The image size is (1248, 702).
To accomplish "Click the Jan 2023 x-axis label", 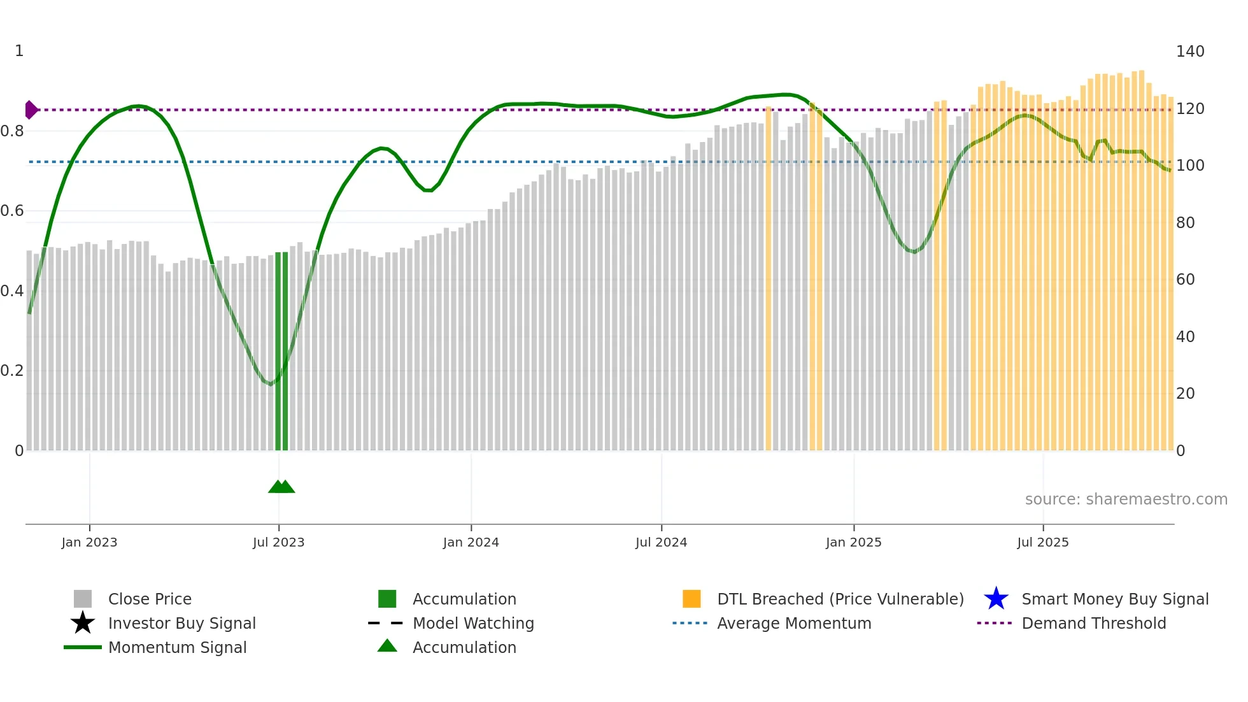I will click(x=89, y=543).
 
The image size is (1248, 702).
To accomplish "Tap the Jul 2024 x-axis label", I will click(x=661, y=543).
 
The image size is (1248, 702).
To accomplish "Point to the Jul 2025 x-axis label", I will click(x=1042, y=543).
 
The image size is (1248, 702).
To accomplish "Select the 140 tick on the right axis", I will click(x=1189, y=52).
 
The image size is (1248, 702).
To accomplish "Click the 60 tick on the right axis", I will click(x=1185, y=280).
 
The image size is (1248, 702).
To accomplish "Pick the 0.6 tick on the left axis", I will click(x=12, y=211).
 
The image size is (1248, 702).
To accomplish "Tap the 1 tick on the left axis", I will click(x=19, y=51).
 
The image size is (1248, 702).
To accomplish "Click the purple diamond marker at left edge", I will click(x=31, y=110).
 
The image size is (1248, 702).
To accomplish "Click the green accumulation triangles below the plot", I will click(x=281, y=487).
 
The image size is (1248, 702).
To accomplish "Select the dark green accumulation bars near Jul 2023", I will click(x=281, y=350).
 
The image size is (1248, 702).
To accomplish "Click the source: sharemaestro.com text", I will click(x=1126, y=499).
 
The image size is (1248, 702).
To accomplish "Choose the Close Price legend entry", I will click(x=150, y=599).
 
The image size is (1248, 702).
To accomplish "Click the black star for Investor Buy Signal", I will click(x=83, y=623).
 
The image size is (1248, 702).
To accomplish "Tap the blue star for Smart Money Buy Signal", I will click(x=996, y=599).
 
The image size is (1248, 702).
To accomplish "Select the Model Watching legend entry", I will click(x=472, y=624).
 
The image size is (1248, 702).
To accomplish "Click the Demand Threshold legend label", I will click(x=1093, y=624).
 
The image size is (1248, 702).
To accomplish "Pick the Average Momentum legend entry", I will click(x=793, y=624).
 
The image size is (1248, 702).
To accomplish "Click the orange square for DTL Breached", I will click(x=691, y=599).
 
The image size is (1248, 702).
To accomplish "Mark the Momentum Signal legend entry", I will click(x=177, y=648).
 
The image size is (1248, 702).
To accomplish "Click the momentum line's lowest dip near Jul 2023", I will click(x=271, y=384).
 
